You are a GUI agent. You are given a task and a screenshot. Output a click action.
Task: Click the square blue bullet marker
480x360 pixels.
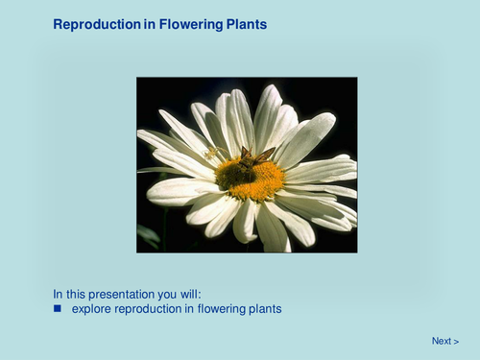click(58, 309)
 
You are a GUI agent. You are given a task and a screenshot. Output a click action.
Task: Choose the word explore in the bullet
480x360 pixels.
click(91, 309)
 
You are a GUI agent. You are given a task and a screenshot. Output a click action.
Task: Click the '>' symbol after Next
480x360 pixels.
click(456, 341)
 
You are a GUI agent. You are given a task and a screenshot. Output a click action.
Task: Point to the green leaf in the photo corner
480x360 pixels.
click(147, 234)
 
